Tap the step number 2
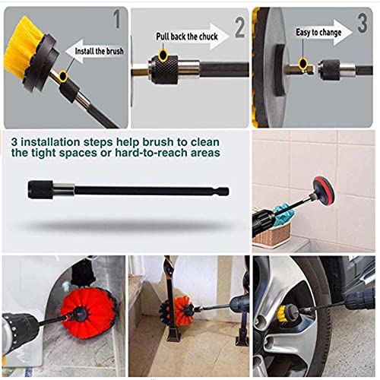240,28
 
